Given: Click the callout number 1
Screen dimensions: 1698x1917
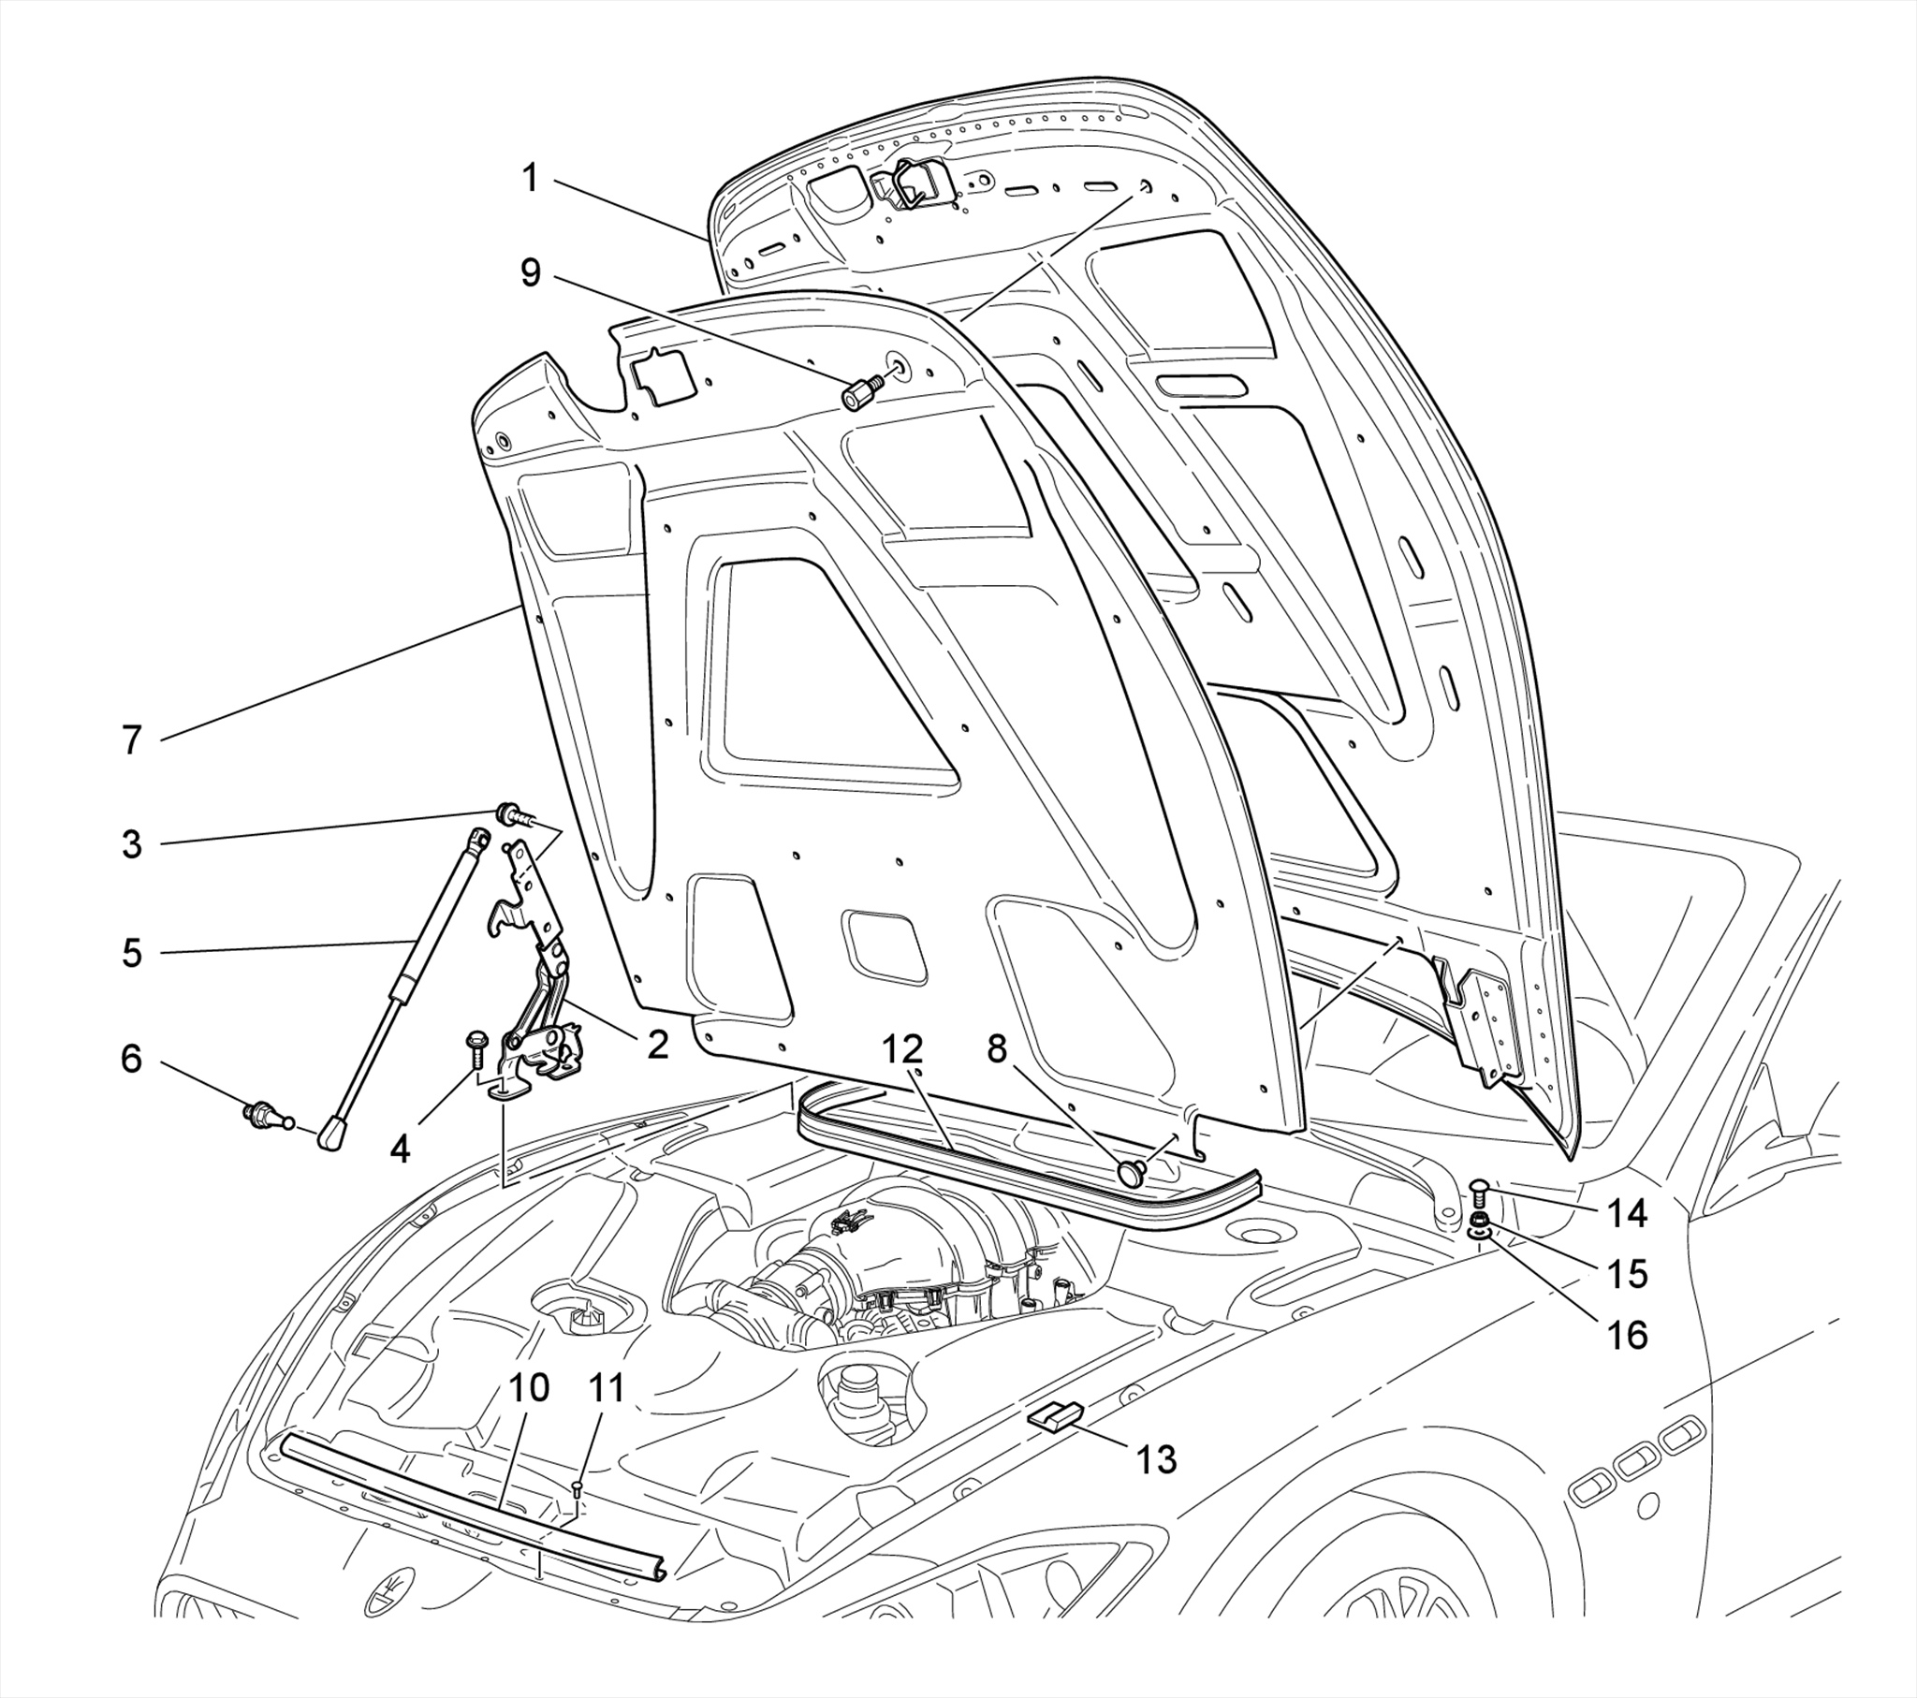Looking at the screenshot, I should click(531, 177).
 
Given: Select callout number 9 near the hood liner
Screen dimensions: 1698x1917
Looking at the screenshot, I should click(531, 272).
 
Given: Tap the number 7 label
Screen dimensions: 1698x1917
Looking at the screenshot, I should click(131, 741).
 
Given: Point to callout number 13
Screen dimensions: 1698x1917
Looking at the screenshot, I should click(1156, 1458).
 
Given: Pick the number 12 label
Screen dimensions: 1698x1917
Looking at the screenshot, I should click(900, 1049).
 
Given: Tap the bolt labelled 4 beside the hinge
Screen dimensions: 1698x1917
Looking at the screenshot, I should click(475, 1049).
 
